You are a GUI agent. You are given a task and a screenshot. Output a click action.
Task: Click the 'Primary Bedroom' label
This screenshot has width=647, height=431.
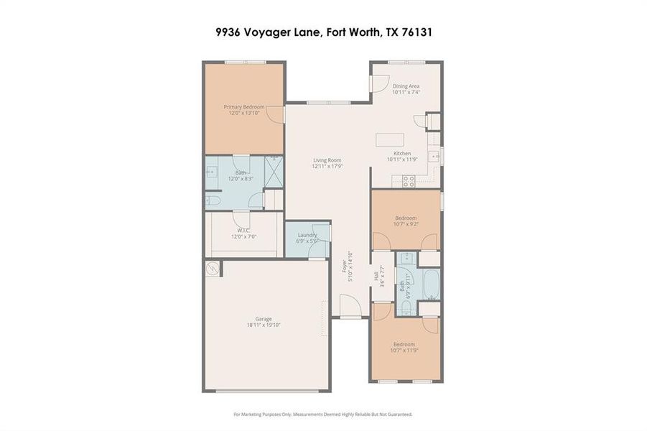243,107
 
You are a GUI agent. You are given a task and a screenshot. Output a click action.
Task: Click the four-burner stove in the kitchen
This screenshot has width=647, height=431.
408,181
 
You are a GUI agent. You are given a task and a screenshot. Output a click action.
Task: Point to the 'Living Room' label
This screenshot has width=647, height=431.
327,160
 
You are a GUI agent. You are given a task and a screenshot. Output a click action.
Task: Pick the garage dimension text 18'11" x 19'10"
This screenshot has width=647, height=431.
264,325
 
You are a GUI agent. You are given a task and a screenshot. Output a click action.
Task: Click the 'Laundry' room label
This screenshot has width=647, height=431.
307,235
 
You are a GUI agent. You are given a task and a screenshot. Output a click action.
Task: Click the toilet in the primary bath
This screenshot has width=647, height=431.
213,200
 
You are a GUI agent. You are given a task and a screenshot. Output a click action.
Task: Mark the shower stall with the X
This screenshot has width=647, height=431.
274,171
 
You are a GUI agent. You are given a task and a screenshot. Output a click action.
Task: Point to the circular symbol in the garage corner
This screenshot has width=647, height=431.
212,269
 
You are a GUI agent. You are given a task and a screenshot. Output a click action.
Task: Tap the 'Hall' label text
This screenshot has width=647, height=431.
376,274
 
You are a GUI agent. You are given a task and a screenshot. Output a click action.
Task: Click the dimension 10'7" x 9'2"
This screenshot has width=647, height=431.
406,224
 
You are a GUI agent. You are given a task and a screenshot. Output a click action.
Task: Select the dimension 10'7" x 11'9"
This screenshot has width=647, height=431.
406,350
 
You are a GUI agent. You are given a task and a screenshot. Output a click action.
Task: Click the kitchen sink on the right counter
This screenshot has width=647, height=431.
434,155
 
